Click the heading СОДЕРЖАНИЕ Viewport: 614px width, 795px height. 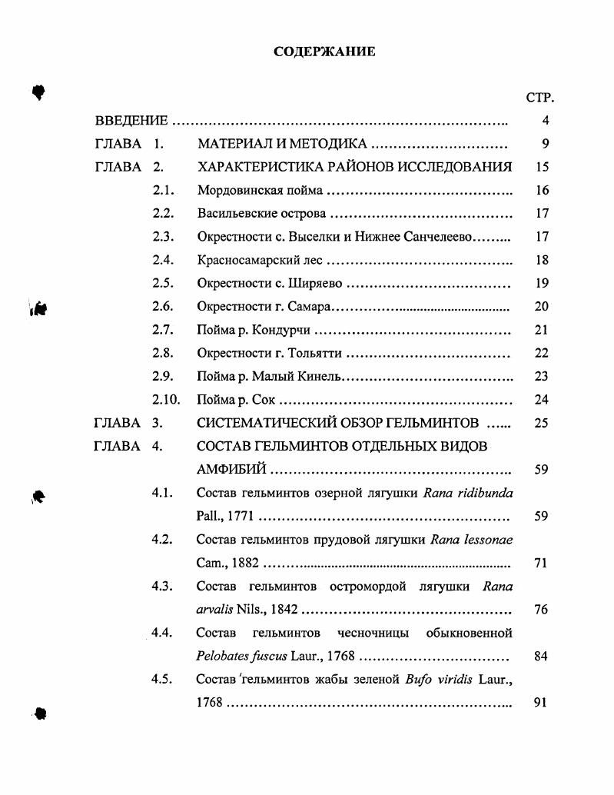point(324,52)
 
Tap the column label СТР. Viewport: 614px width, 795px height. point(539,98)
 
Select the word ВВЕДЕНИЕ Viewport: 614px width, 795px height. point(131,121)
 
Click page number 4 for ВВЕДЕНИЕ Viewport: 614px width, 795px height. point(545,121)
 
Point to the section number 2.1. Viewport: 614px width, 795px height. point(163,190)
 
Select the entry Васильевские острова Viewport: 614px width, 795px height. point(261,213)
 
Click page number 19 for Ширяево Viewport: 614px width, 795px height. point(541,283)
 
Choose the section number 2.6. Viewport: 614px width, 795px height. point(163,306)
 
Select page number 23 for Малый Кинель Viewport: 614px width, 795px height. point(541,376)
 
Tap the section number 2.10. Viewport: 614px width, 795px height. point(166,399)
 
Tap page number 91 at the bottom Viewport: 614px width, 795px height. point(539,702)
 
